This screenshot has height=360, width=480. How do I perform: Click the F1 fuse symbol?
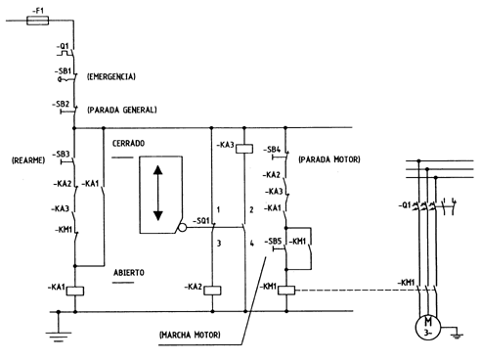point(37,21)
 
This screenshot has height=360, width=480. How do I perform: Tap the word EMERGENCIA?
point(111,76)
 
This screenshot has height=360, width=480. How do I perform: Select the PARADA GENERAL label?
point(122,110)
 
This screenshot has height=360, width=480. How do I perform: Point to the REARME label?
point(28,160)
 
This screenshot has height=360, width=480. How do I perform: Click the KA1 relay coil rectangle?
point(75,291)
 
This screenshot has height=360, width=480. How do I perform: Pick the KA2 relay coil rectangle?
point(212,291)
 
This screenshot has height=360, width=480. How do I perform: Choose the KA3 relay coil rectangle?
point(244,149)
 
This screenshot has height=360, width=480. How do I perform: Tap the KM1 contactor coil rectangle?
point(286,291)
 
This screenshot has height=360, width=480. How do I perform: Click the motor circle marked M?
point(428,327)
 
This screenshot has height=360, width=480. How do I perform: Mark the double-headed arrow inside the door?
point(158,193)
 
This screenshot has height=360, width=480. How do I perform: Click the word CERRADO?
point(128,144)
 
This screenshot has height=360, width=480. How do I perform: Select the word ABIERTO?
point(129,272)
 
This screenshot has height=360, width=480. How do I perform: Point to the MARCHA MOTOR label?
point(190,335)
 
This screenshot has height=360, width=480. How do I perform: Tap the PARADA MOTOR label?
point(329,159)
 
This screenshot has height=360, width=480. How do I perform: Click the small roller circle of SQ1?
point(183,228)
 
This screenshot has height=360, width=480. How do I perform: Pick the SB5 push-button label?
point(273,241)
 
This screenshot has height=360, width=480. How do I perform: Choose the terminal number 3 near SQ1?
point(219,244)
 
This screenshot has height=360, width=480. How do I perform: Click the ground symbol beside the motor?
point(457,335)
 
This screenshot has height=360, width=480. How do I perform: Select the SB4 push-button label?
point(272,150)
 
